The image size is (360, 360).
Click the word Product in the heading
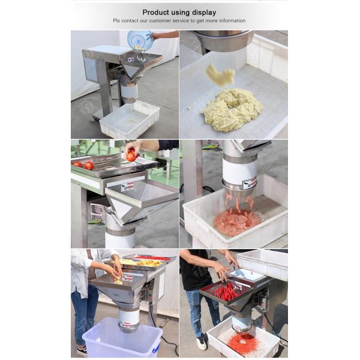click(x=155, y=13)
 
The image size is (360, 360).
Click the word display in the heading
click(x=204, y=13)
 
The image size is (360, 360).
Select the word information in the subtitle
click(x=232, y=20)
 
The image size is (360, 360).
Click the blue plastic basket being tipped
click(x=140, y=40)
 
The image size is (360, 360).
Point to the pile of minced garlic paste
click(x=233, y=110)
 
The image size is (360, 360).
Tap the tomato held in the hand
click(x=131, y=155)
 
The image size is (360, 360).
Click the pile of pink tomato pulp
click(x=237, y=221)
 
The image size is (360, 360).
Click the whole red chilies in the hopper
click(x=226, y=292)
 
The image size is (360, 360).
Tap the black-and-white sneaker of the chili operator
click(x=202, y=343)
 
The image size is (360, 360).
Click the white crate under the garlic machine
click(x=130, y=120)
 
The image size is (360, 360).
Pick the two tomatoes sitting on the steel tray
click(x=83, y=165)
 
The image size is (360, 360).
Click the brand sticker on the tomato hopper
click(x=127, y=187)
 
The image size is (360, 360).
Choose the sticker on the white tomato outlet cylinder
click(x=250, y=182)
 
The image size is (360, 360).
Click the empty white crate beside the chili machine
click(x=262, y=263)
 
